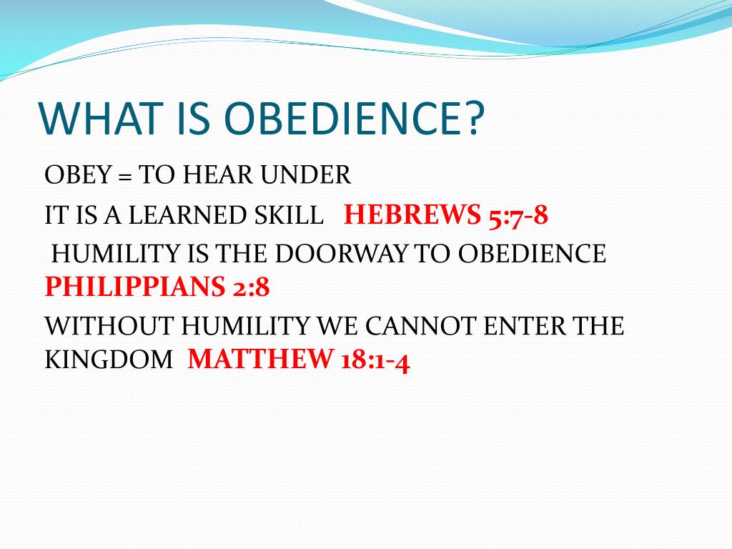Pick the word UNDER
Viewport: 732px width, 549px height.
[x=305, y=174]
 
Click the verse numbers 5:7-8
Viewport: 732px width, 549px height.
[x=518, y=215]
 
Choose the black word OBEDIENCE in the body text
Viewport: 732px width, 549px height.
[x=532, y=254]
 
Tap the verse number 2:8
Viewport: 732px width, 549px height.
[x=251, y=287]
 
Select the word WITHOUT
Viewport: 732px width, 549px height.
[x=109, y=325]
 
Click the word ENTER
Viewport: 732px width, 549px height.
[x=525, y=325]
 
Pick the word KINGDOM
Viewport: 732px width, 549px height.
[x=109, y=359]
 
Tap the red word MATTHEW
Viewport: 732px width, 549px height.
[x=260, y=359]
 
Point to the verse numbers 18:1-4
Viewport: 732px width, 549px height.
[x=375, y=360]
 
